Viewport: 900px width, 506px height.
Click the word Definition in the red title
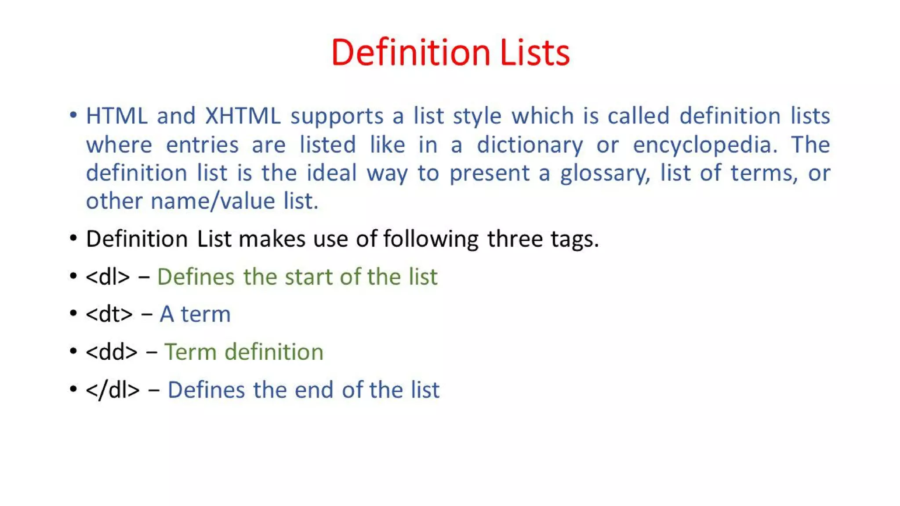point(410,53)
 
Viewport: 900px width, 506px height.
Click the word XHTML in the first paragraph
point(243,116)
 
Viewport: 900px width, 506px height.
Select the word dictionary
point(530,145)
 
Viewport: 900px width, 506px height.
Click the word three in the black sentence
point(515,239)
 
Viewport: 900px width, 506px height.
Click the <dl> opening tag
point(108,277)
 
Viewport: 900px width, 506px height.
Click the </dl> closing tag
point(112,390)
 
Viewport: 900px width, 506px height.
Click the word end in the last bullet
point(314,390)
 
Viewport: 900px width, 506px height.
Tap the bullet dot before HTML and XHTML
point(73,116)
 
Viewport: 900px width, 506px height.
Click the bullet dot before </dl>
point(73,389)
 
